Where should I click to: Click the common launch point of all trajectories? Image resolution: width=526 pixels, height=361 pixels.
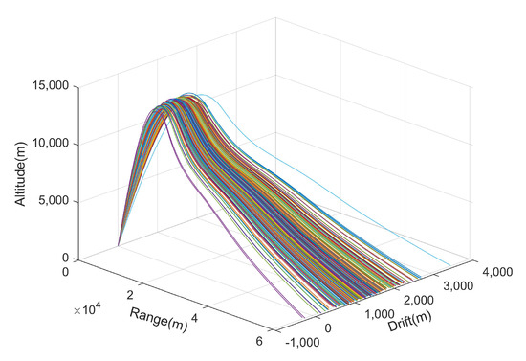pyautogui.click(x=119, y=246)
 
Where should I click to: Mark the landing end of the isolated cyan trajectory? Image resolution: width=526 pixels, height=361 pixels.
pyautogui.click(x=450, y=266)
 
